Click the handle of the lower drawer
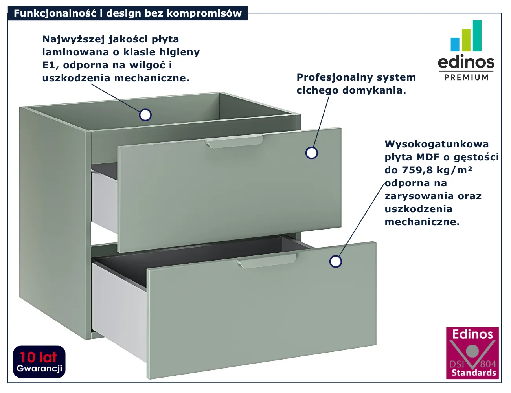point(267,261)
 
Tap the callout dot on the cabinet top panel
point(145,115)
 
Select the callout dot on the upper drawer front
point(312,153)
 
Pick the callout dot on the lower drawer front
point(336,261)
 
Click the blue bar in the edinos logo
point(455,44)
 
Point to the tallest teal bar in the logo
point(477,36)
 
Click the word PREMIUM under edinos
point(466,77)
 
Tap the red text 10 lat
point(39,358)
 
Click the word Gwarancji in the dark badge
point(39,369)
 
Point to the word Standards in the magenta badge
point(474,373)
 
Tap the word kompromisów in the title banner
point(204,14)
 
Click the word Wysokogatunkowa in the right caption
point(437,144)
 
